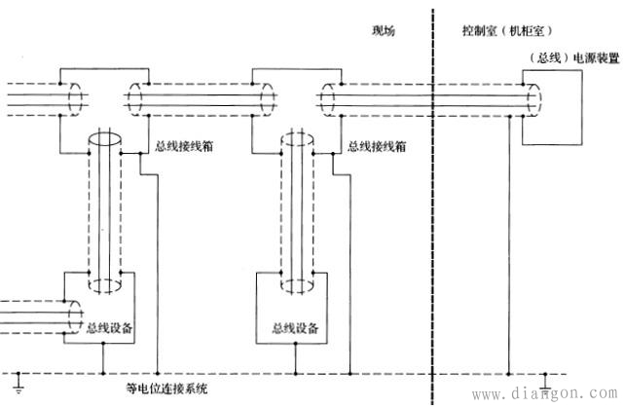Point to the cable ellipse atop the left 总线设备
(x=104, y=283)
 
